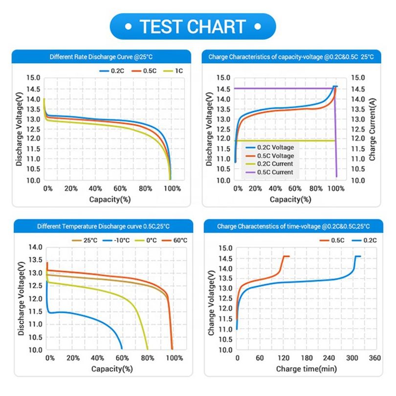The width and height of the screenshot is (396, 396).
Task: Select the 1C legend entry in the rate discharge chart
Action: click(174, 70)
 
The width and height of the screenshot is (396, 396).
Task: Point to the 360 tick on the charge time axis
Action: click(374, 358)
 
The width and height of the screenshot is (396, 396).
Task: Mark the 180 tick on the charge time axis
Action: click(306, 358)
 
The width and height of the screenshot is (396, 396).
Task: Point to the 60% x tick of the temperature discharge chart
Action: click(122, 358)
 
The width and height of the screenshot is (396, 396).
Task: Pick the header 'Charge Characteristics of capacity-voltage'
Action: click(291, 57)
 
